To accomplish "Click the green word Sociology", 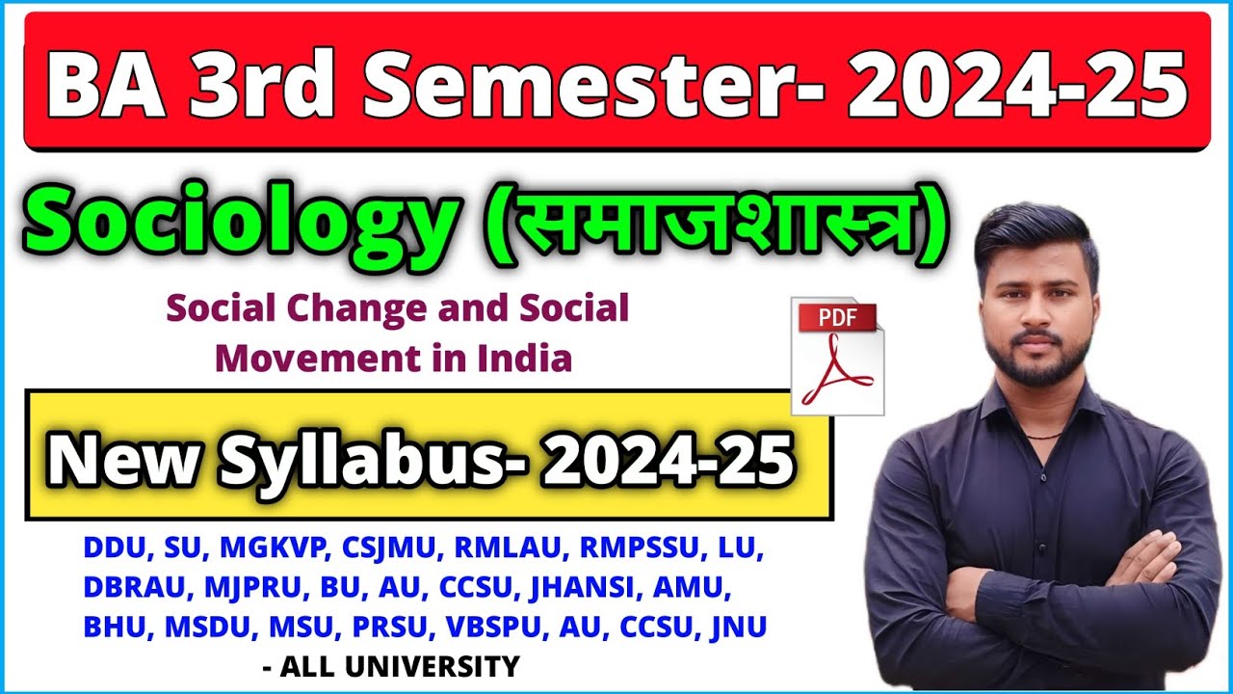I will tap(238, 227).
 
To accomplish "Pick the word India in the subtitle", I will tap(524, 359).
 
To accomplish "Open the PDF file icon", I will tap(836, 356).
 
